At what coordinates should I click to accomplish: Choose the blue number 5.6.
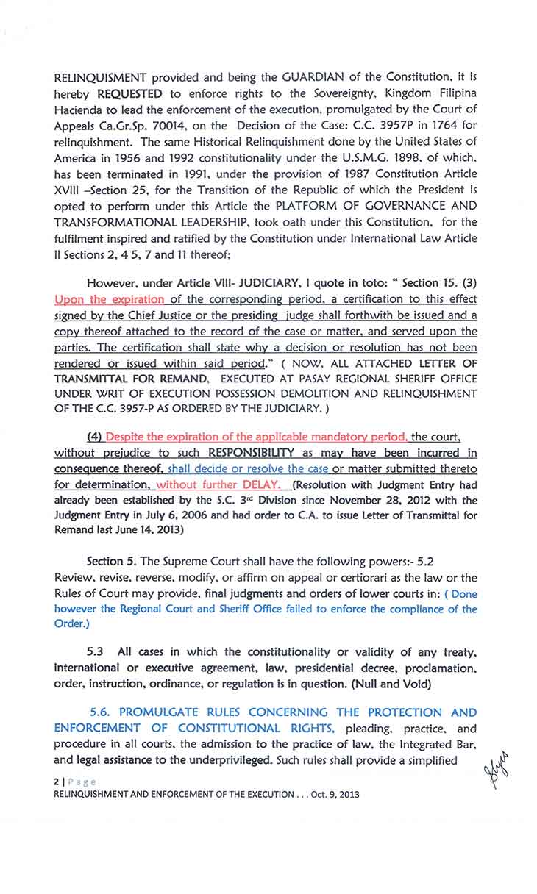(x=100, y=712)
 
